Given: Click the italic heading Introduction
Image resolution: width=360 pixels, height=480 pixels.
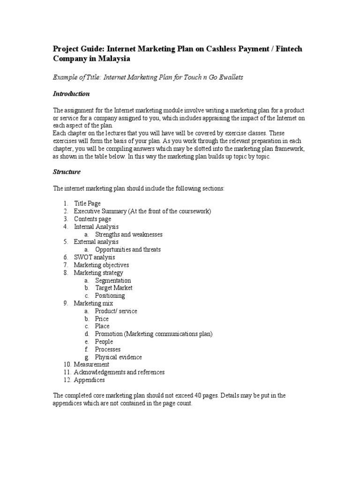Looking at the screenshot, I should pyautogui.click(x=71, y=94).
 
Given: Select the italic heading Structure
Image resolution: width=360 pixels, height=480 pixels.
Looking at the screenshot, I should pyautogui.click(x=67, y=172).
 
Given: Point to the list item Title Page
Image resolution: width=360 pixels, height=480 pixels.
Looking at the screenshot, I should pyautogui.click(x=87, y=203).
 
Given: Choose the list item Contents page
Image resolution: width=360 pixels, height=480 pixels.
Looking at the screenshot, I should pyautogui.click(x=92, y=219).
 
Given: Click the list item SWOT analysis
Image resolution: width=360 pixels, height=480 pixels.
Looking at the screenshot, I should pyautogui.click(x=94, y=257).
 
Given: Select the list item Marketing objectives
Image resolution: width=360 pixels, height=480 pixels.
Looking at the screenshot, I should pyautogui.click(x=101, y=265).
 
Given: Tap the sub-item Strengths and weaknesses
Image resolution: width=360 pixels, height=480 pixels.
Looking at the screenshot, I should pyautogui.click(x=129, y=234).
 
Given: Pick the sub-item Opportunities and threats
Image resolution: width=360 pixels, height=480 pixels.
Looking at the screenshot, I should pyautogui.click(x=127, y=249).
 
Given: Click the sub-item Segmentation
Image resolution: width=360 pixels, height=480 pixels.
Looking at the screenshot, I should pyautogui.click(x=113, y=280).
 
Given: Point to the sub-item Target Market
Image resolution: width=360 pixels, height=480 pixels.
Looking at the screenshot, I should pyautogui.click(x=113, y=288).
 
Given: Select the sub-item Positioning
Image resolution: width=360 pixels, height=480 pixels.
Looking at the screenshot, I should pyautogui.click(x=110, y=296).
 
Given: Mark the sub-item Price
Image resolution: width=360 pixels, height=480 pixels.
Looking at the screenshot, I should pyautogui.click(x=102, y=319).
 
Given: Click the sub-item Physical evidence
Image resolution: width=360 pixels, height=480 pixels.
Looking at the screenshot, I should pyautogui.click(x=118, y=357).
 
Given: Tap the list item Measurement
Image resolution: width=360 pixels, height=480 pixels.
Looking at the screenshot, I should pyautogui.click(x=91, y=364).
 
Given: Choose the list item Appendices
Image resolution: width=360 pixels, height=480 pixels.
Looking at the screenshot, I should pyautogui.click(x=89, y=380).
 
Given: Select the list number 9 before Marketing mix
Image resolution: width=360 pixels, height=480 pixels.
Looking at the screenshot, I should pyautogui.click(x=66, y=303).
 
